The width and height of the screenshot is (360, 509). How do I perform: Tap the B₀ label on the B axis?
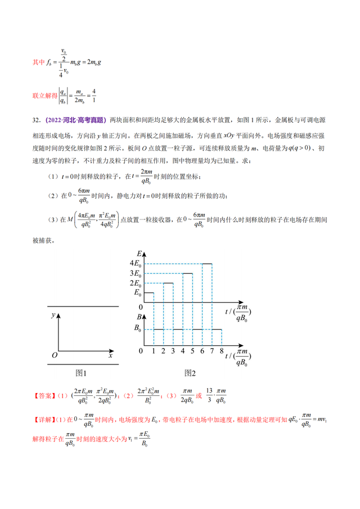point(137,330)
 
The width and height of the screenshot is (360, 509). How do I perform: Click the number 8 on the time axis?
point(222,350)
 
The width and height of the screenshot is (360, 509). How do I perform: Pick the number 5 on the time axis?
point(192,350)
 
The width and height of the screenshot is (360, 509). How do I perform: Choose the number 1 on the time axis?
point(154,350)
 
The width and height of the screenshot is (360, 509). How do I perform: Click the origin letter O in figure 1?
point(54,356)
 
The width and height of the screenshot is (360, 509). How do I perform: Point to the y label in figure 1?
point(52,316)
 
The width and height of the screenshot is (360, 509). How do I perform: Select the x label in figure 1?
point(111,356)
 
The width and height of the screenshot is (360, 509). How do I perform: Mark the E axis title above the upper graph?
point(139,254)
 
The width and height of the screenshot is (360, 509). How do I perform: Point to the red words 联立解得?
point(44,96)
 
